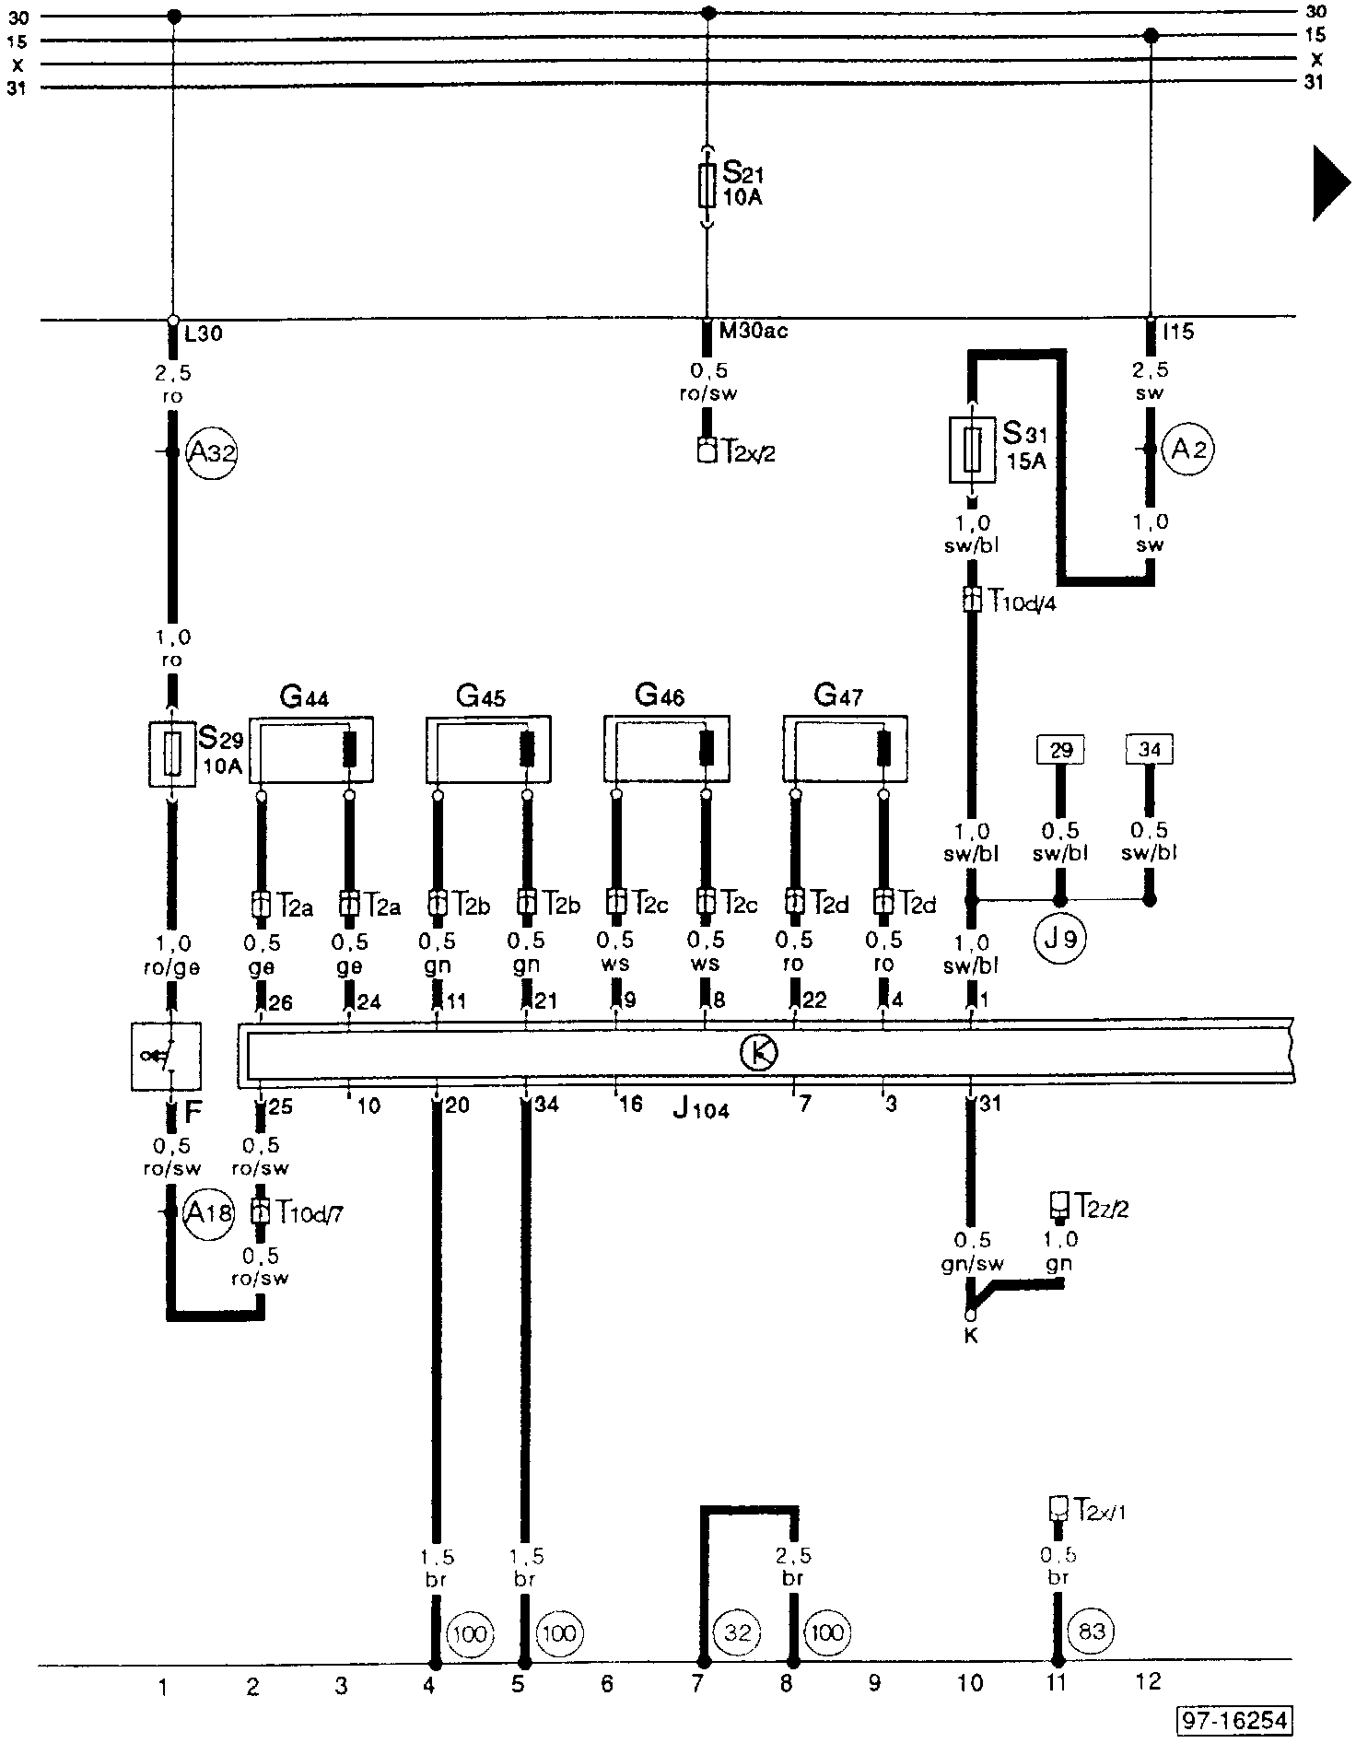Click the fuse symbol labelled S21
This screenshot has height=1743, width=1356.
pyautogui.click(x=707, y=185)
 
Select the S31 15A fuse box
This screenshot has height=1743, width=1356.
pyautogui.click(x=972, y=449)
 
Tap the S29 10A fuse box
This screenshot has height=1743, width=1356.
pyautogui.click(x=172, y=754)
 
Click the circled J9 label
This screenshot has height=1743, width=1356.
pyautogui.click(x=1061, y=940)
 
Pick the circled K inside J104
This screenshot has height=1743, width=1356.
pyautogui.click(x=759, y=1052)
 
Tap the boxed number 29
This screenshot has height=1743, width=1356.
pyautogui.click(x=1061, y=750)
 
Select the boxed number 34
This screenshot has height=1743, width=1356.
pyautogui.click(x=1149, y=750)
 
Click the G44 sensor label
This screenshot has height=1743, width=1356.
pyautogui.click(x=304, y=696)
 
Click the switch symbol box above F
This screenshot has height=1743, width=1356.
pyautogui.click(x=167, y=1056)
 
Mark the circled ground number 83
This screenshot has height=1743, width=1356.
pyautogui.click(x=1091, y=1632)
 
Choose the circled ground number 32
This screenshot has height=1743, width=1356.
pyautogui.click(x=738, y=1633)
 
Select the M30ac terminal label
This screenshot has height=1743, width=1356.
pyautogui.click(x=753, y=332)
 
